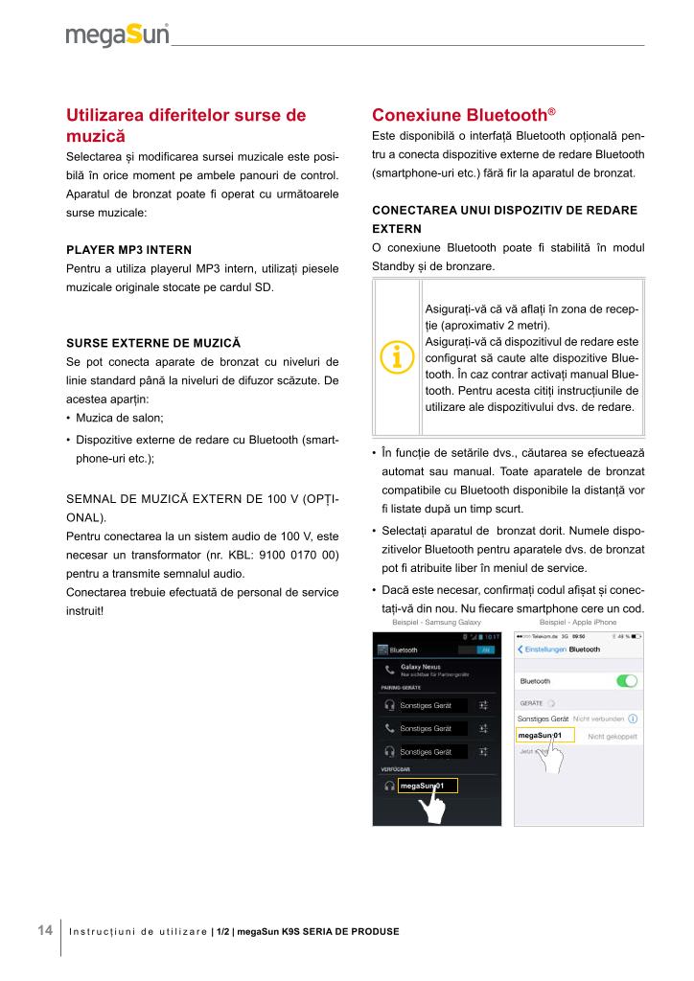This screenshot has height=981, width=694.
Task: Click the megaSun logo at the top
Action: tap(117, 34)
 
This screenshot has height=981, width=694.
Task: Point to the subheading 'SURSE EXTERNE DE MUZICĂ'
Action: tap(152, 342)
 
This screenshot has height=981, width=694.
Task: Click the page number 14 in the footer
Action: tap(44, 930)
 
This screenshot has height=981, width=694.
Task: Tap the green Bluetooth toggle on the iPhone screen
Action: tap(628, 681)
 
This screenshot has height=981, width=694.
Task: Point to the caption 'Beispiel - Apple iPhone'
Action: tap(578, 622)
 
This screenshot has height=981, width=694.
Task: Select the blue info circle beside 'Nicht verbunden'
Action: tap(634, 718)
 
